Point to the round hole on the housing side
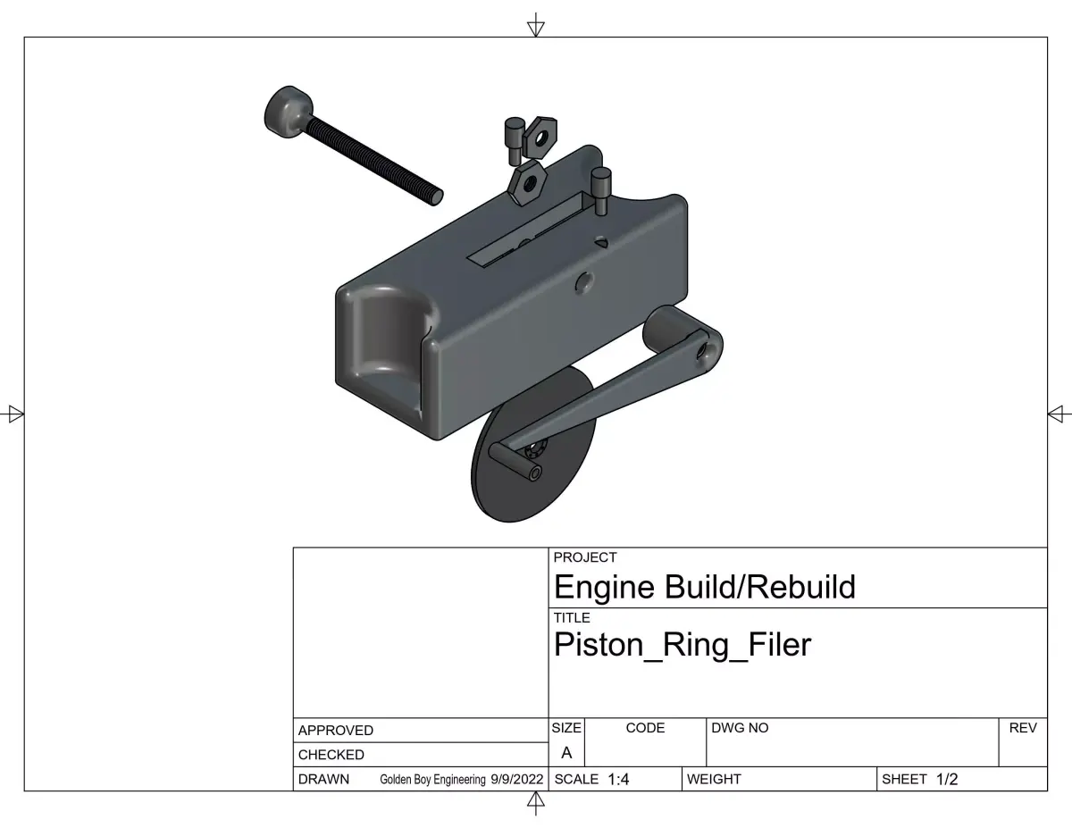pyautogui.click(x=584, y=283)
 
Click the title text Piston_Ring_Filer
pyautogui.click(x=683, y=644)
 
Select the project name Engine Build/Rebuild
pyautogui.click(x=704, y=587)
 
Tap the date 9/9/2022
pyautogui.click(x=516, y=779)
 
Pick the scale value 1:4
pyautogui.click(x=618, y=779)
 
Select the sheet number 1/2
pyautogui.click(x=947, y=779)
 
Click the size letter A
pyautogui.click(x=566, y=753)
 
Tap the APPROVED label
pyautogui.click(x=336, y=730)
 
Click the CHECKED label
pyautogui.click(x=331, y=755)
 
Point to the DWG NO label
pyautogui.click(x=740, y=728)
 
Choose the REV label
pyautogui.click(x=1022, y=728)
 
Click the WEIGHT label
pyautogui.click(x=714, y=779)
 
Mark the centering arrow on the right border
pyautogui.click(x=1058, y=414)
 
